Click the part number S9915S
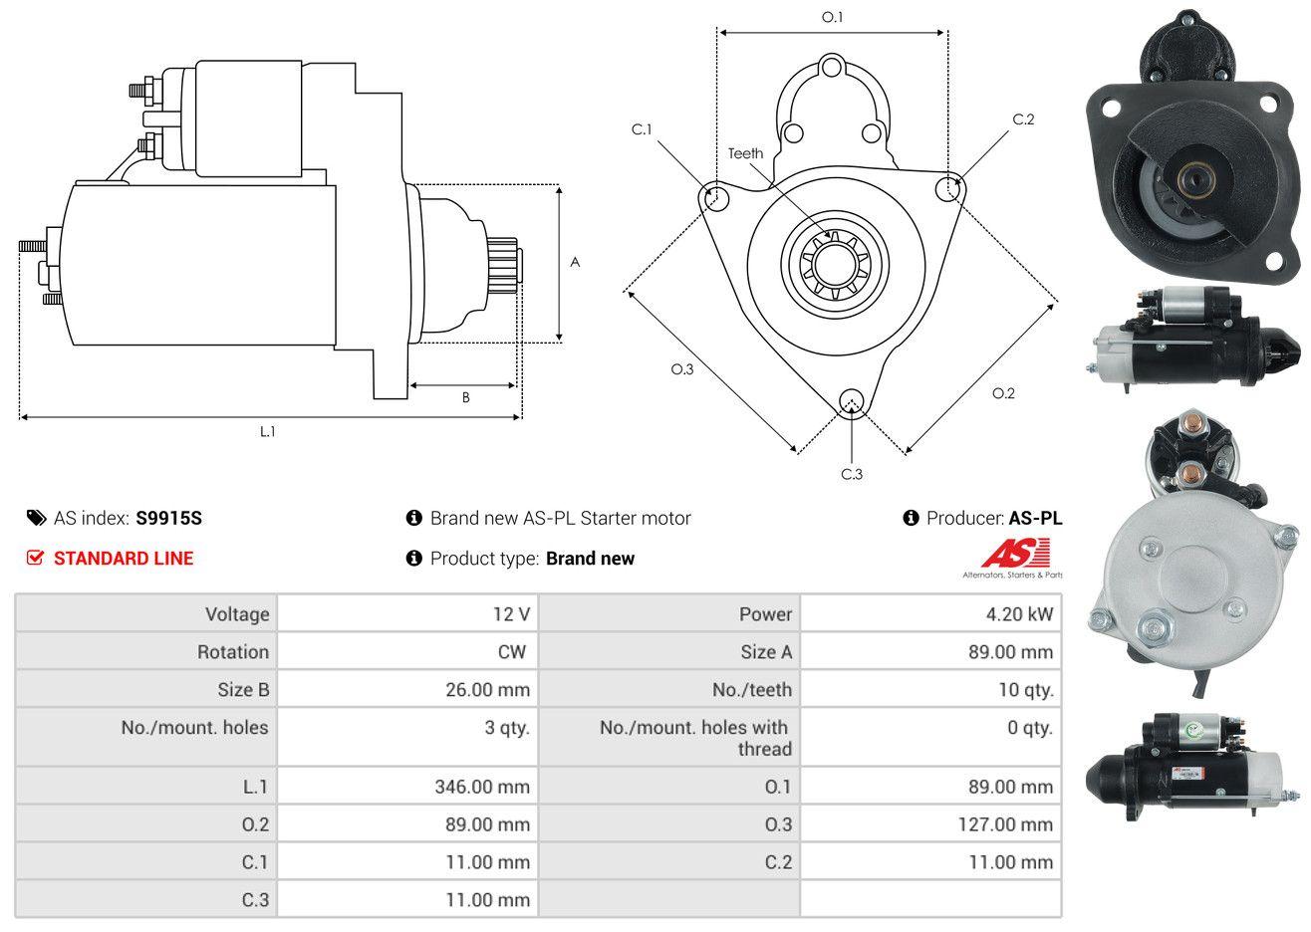168,519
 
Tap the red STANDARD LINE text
124,559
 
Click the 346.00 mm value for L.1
482,787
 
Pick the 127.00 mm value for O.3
1005,824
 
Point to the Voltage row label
237,614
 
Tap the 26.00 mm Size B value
487,690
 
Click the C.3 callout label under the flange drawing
852,474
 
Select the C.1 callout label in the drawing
642,129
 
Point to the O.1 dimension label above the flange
832,18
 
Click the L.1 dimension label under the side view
267,432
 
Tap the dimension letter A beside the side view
575,262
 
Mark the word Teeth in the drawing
745,153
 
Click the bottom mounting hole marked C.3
852,402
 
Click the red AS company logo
1015,553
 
